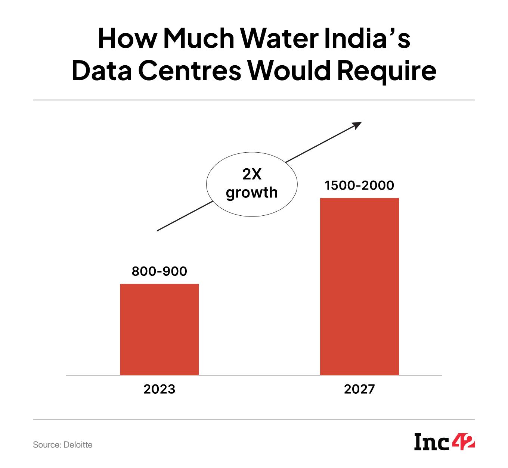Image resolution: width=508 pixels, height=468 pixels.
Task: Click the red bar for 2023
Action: tap(159, 329)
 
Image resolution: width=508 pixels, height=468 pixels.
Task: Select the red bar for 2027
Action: tap(359, 286)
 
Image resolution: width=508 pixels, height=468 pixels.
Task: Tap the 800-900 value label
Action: tap(159, 271)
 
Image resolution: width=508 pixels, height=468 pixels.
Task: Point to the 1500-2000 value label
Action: tap(359, 185)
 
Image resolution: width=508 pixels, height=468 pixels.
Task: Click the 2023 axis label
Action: tap(159, 389)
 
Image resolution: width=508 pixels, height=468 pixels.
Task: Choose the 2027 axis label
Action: tap(359, 389)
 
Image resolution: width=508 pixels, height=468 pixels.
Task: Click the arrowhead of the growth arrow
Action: tap(357, 125)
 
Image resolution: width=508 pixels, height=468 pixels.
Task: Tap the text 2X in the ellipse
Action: tap(252, 175)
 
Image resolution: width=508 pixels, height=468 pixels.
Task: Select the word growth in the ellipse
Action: tap(252, 193)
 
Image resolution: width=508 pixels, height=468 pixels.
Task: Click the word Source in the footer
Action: tap(44, 445)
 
